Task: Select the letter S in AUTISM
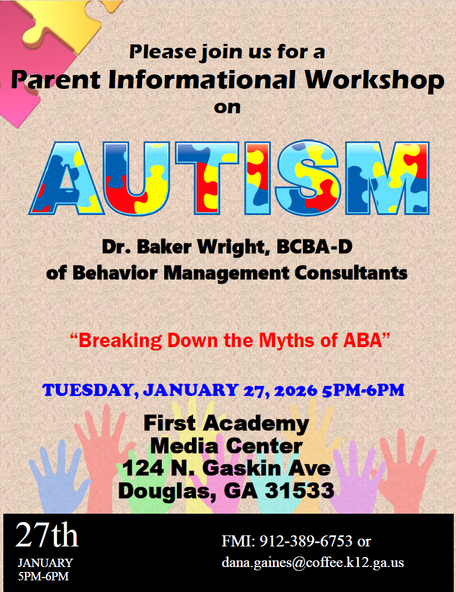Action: (x=309, y=179)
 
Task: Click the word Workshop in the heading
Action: (x=374, y=80)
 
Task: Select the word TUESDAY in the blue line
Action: (x=88, y=390)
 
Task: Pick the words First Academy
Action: (x=226, y=424)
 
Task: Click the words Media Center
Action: (x=226, y=445)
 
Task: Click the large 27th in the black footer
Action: (x=47, y=535)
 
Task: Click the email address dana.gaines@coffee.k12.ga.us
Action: (x=313, y=562)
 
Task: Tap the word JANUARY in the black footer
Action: (x=45, y=563)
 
